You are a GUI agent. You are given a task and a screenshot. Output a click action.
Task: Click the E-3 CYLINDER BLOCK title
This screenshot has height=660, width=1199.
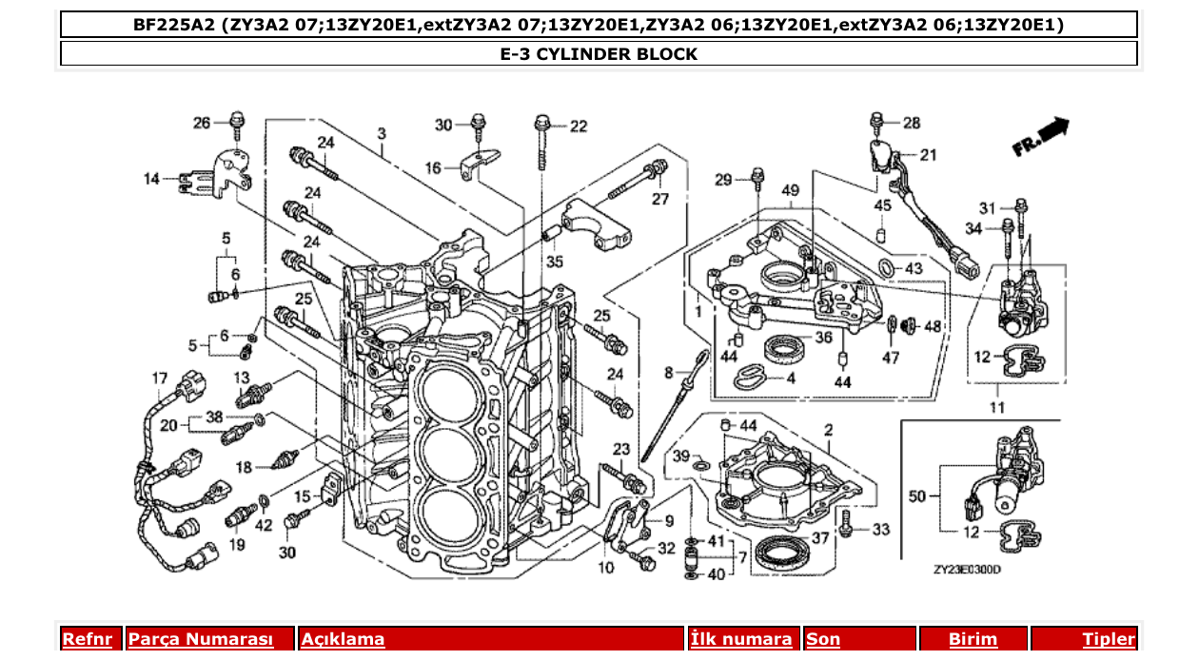coord(599,54)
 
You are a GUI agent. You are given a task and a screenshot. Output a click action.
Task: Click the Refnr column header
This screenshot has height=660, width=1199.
coord(87,639)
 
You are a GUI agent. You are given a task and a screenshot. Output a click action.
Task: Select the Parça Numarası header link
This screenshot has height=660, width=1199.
coord(201,639)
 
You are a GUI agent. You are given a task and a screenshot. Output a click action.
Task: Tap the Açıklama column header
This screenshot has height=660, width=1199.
coord(344,639)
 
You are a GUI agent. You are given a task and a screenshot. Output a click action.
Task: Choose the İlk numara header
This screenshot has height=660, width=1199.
coord(741,639)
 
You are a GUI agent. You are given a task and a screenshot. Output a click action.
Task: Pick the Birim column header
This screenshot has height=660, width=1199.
coord(973,639)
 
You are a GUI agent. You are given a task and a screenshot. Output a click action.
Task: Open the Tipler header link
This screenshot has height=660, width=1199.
coord(1109,639)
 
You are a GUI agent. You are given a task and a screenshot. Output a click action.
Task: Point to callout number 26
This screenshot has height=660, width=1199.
coord(202,123)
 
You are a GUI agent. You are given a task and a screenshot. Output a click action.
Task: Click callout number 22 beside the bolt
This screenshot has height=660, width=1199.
coord(579,126)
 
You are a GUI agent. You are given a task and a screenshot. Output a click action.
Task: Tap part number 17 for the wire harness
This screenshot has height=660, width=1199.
coord(160,379)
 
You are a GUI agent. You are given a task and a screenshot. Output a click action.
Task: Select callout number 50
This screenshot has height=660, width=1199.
coord(917,495)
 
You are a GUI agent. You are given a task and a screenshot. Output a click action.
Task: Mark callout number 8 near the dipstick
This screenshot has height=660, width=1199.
coord(669,371)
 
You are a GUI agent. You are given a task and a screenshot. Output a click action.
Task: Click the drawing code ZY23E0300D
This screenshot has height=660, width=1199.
coord(967,570)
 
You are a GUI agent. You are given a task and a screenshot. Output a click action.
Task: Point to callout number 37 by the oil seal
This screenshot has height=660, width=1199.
coord(819,538)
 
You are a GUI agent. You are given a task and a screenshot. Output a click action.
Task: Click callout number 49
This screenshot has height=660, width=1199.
coord(791,191)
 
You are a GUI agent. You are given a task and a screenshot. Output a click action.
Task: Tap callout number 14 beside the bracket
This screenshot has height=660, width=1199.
coord(152,178)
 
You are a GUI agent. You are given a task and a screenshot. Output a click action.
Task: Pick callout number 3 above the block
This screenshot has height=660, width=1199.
coord(381,133)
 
